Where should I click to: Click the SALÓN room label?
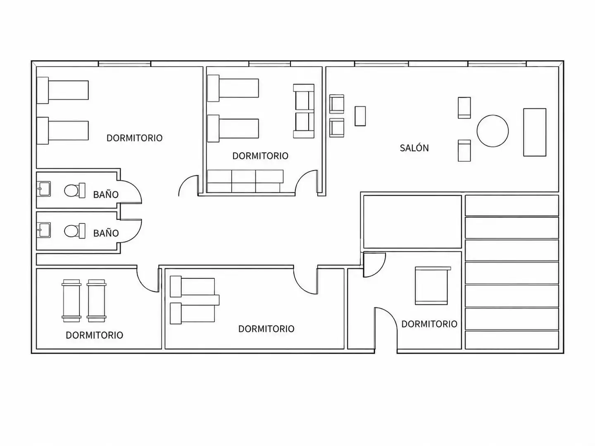[414, 147]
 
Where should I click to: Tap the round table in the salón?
[493, 131]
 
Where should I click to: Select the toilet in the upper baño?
[74, 190]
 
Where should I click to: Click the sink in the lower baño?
[44, 230]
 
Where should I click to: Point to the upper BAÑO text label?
[106, 194]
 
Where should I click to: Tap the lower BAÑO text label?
[106, 233]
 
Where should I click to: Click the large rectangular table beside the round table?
[535, 132]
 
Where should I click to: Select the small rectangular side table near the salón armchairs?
[360, 116]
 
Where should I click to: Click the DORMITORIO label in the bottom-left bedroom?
[94, 335]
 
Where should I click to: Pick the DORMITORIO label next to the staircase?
[429, 324]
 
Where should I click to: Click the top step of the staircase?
[512, 206]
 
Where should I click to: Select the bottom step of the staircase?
[512, 339]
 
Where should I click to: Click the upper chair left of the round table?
[464, 108]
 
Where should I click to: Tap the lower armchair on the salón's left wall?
[337, 128]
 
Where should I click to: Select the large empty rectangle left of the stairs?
[412, 221]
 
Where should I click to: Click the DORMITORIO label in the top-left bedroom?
[134, 138]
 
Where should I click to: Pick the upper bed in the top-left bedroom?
[63, 90]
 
